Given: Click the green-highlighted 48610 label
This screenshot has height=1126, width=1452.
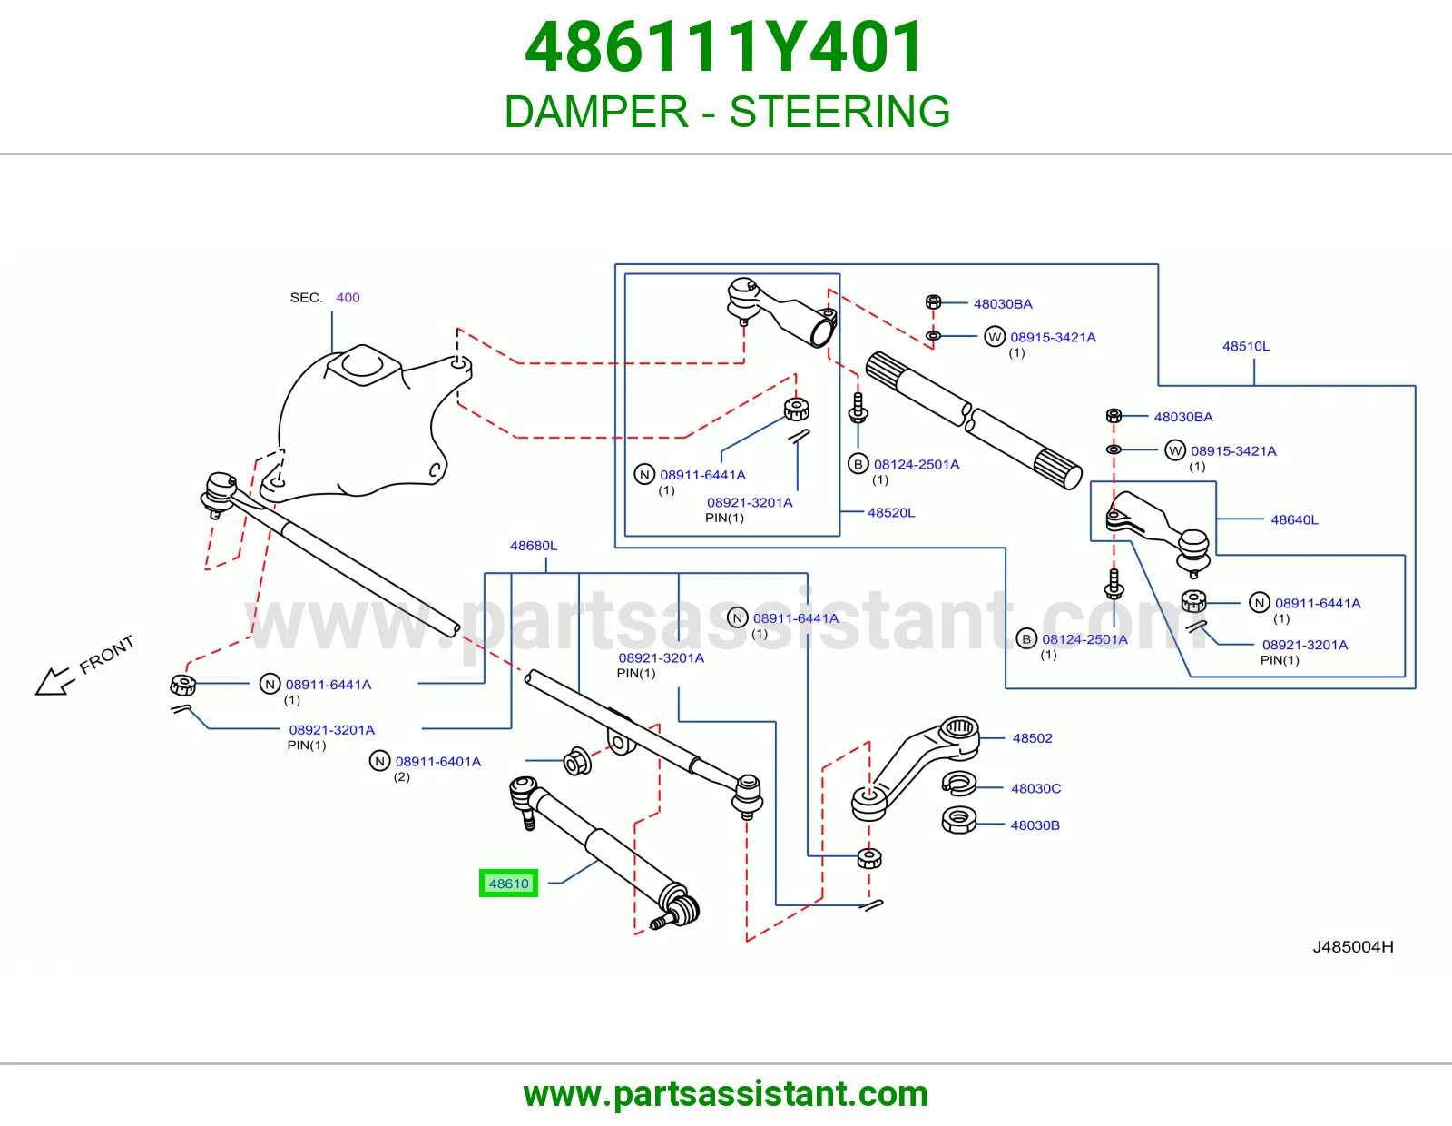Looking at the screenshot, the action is coord(508,884).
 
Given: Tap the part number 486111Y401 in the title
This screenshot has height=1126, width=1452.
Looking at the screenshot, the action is coord(724,47).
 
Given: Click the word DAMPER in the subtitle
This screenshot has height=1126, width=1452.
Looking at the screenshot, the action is coord(596,112).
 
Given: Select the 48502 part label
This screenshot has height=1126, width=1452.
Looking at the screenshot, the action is coord(1033,738).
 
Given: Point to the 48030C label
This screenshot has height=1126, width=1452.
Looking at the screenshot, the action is coord(1035,788).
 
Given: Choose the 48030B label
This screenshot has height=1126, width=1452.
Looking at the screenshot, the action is coord(1035,825).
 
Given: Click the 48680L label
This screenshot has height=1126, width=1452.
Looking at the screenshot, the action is coord(534,546).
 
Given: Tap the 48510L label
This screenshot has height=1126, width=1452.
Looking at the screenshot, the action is coord(1245,346).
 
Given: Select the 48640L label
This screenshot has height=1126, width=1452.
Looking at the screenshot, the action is coord(1294,519).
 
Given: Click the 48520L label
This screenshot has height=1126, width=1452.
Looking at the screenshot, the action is coord(891,512).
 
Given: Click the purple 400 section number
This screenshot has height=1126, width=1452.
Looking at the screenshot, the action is coord(348,298).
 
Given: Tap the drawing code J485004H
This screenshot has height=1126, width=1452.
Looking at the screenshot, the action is coord(1353,947).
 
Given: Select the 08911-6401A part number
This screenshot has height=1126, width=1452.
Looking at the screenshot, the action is coord(437,762).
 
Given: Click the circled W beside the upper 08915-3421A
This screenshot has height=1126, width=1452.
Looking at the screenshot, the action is coord(995,336).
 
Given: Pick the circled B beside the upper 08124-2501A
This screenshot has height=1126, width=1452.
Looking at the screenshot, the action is coord(858,463).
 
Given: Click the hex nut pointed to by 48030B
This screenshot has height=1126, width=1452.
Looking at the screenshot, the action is coord(958,820).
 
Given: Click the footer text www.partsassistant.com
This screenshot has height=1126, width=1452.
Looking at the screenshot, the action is coord(726,1094).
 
